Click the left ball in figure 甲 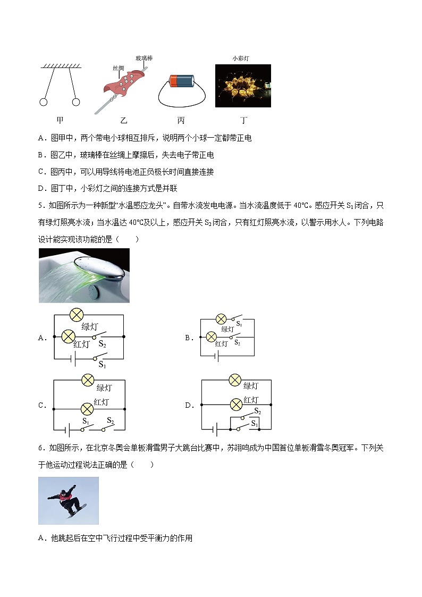[x=44, y=102]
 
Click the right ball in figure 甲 [x=77, y=102]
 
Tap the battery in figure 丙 [x=182, y=81]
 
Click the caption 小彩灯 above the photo [x=242, y=58]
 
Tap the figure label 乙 [x=124, y=121]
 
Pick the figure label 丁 [x=243, y=121]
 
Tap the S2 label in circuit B [x=237, y=343]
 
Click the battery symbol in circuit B [x=217, y=356]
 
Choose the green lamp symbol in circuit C [x=87, y=380]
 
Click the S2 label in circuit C [x=110, y=421]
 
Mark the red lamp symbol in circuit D [x=235, y=405]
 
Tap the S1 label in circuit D [x=254, y=424]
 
